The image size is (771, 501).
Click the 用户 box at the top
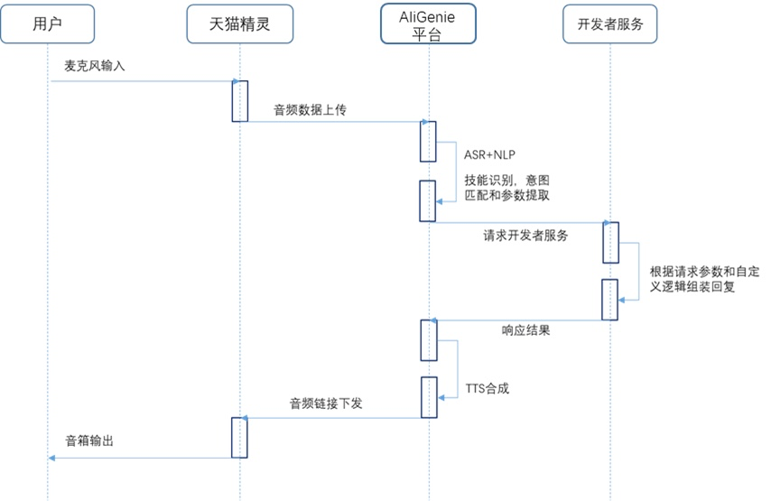pos(47,24)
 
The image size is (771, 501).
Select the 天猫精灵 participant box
pos(241,24)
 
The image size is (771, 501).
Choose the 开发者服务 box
pos(610,24)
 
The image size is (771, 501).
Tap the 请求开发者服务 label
pos(525,237)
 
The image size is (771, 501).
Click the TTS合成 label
pos(488,389)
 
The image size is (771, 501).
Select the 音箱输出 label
pos(90,441)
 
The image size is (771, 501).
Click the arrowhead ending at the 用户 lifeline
pos(52,458)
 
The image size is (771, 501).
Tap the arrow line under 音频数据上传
pos(334,122)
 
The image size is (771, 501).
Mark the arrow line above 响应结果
pos(519,320)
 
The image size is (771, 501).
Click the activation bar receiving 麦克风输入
pos(240,99)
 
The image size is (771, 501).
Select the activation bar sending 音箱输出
pos(240,438)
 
